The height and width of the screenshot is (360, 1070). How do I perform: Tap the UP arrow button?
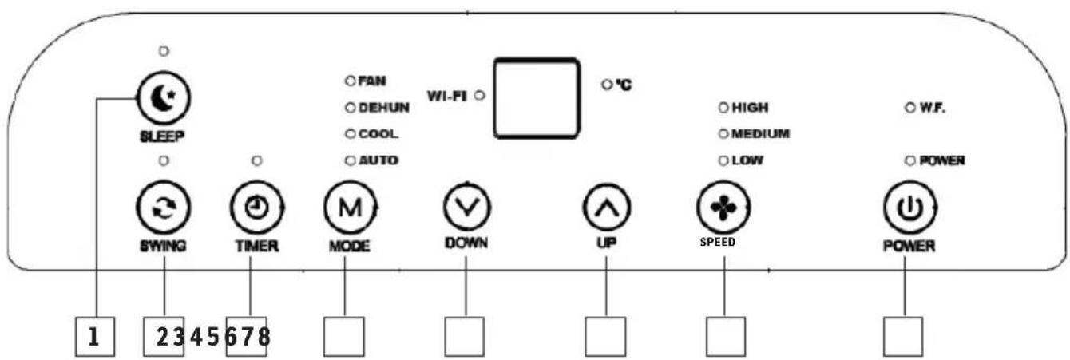pos(606,208)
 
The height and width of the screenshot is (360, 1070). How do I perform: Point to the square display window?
pos(535,97)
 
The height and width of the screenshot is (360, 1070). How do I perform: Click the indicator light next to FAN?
pos(349,81)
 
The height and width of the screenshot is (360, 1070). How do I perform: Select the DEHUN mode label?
pos(384,108)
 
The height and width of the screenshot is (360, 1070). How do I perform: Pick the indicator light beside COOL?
pos(349,134)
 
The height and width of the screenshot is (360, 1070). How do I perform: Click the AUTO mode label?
pos(378,160)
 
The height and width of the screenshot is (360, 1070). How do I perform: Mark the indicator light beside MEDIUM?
pos(723,133)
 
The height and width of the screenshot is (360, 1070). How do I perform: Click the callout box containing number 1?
pos(94,337)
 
